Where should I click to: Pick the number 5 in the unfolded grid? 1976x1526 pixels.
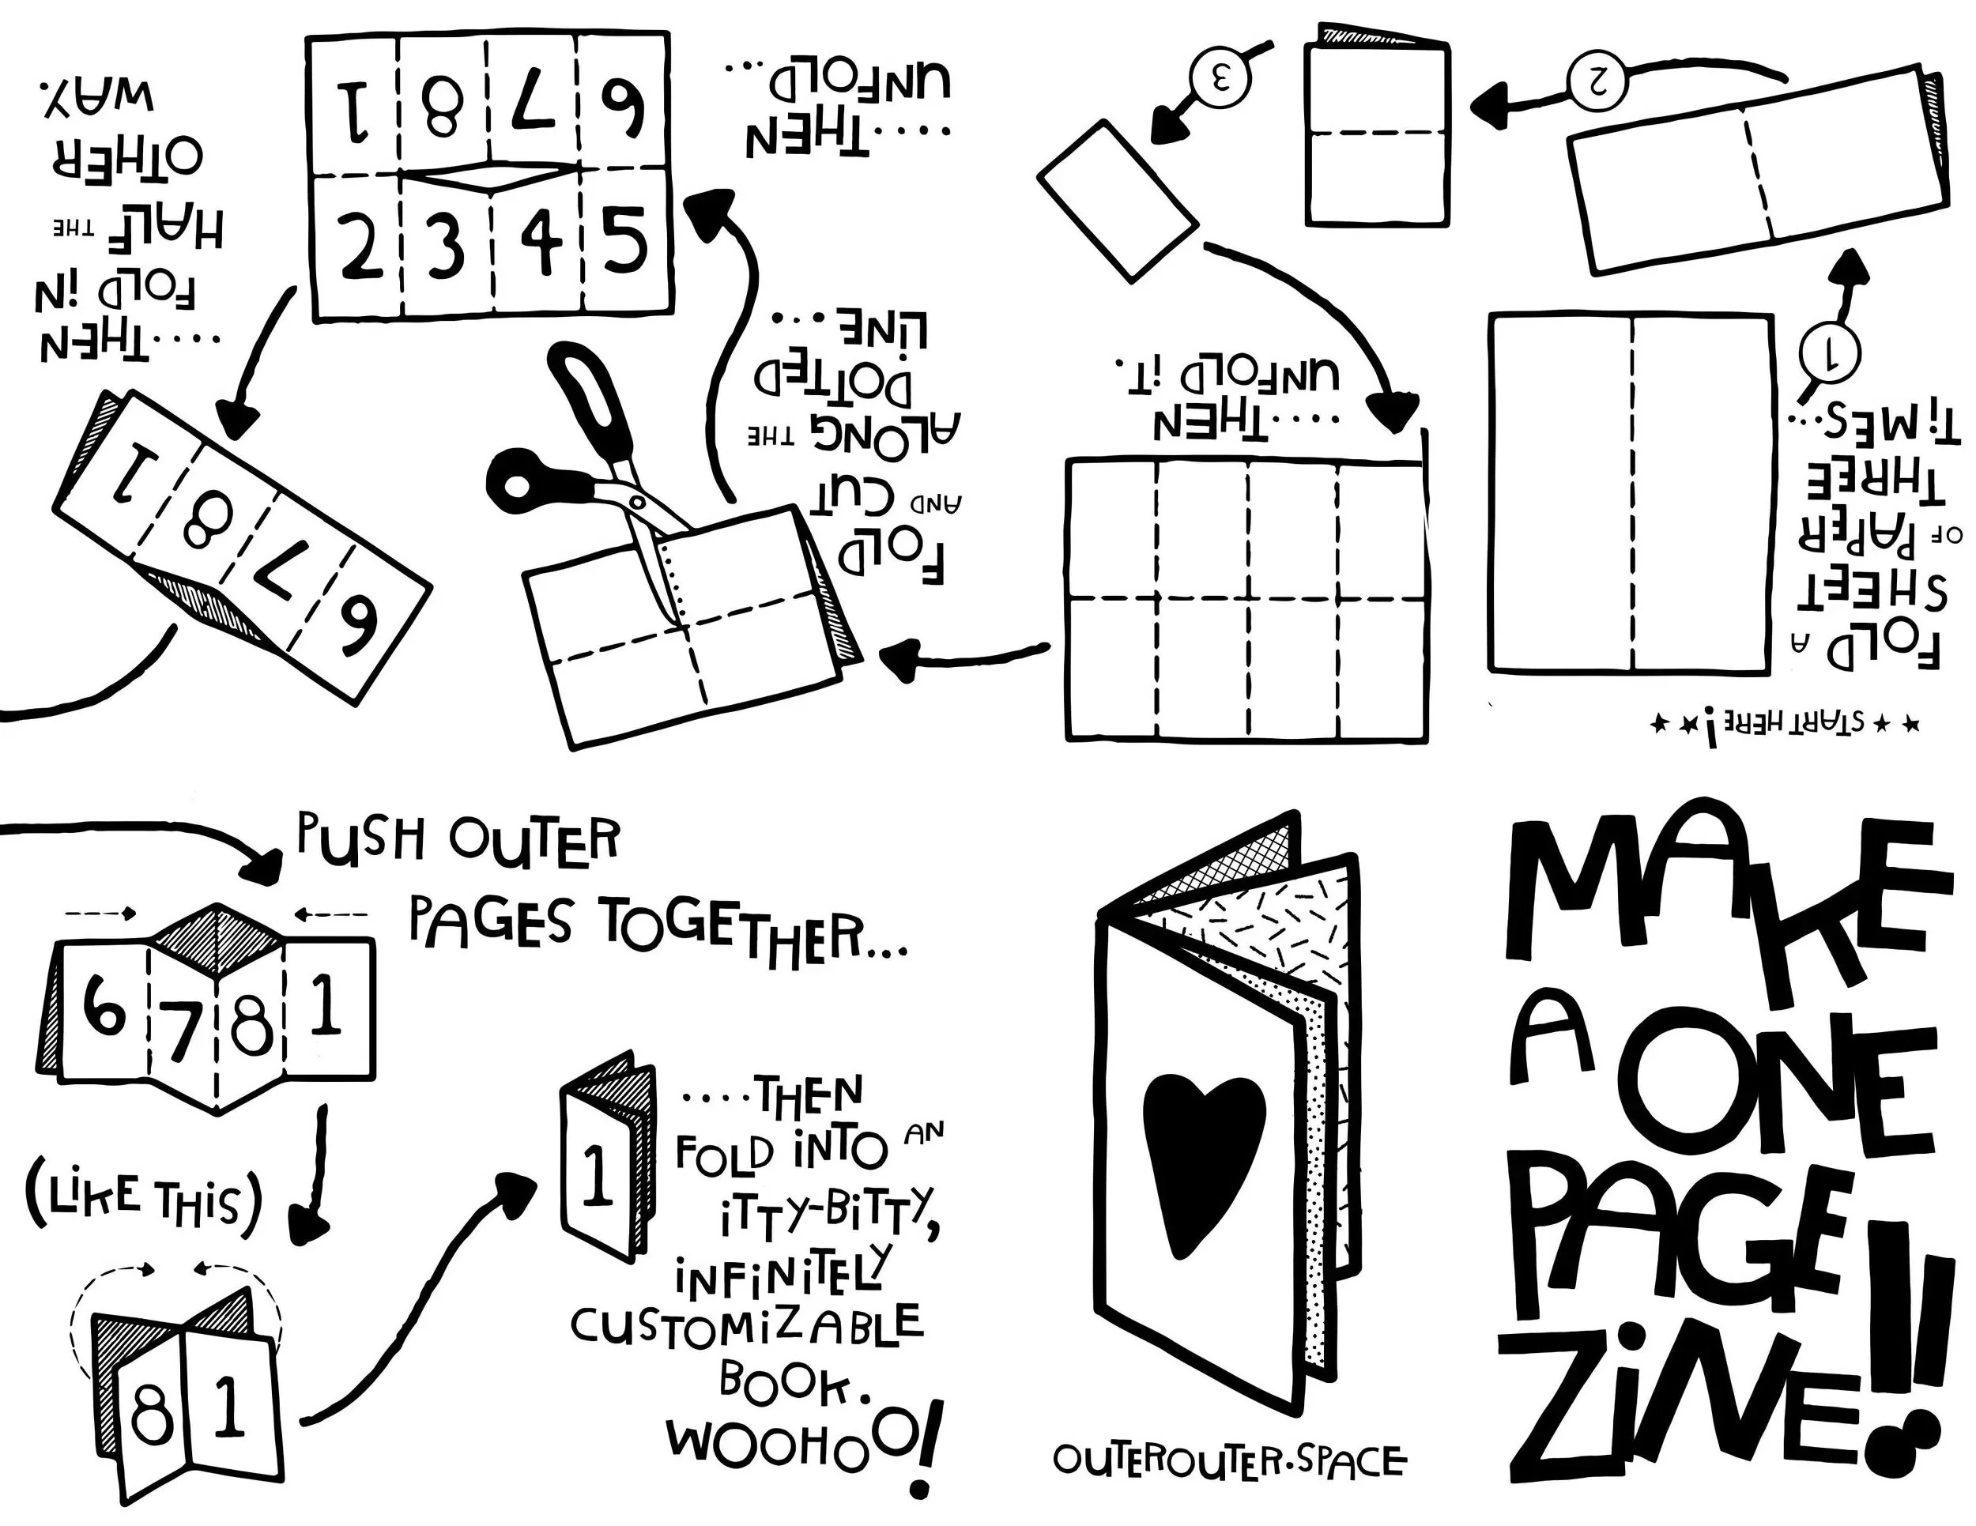625,239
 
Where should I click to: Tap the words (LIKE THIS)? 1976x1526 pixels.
145,1200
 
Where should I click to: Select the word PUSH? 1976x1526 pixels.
361,839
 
